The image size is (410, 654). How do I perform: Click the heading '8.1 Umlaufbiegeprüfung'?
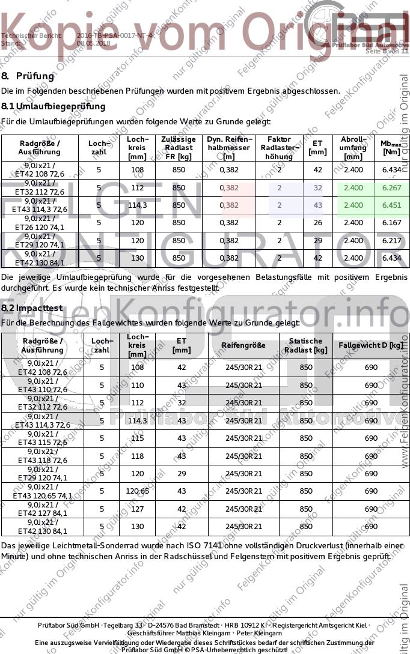click(x=54, y=106)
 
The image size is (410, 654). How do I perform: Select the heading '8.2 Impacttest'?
click(x=32, y=308)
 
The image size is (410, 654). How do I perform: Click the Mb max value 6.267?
click(x=391, y=187)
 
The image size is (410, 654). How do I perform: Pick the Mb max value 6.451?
click(x=391, y=205)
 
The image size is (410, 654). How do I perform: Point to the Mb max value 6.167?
click(x=391, y=223)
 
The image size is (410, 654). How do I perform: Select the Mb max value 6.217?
click(x=391, y=240)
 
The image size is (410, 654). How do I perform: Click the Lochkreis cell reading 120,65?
click(x=137, y=491)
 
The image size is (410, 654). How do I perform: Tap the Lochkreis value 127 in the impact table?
click(x=137, y=509)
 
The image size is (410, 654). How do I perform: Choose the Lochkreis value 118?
click(x=137, y=456)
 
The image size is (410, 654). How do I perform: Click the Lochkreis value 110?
click(x=137, y=385)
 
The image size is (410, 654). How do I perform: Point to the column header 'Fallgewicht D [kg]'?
click(x=371, y=345)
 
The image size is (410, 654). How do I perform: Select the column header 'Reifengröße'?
click(x=243, y=345)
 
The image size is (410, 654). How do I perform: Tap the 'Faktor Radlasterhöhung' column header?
click(x=279, y=148)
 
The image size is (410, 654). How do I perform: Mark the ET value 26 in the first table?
click(x=318, y=223)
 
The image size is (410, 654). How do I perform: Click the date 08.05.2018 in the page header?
click(x=93, y=43)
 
